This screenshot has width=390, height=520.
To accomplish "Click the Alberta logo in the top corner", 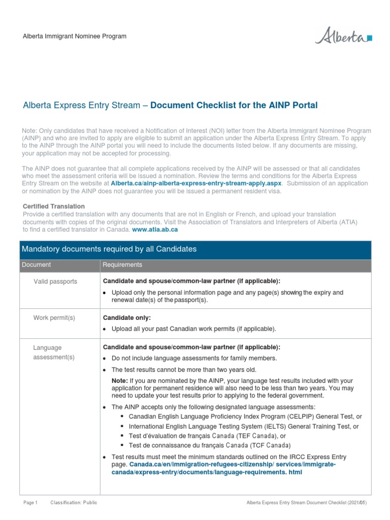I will coord(344,37).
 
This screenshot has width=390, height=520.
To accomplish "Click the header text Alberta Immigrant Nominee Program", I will coord(75,37).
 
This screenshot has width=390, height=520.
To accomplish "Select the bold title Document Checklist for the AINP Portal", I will coord(234,106).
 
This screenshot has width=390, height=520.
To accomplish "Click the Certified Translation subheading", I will coord(54,207).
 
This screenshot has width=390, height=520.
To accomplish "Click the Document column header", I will coord(36,265).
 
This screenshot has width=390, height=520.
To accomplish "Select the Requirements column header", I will coord(122,265).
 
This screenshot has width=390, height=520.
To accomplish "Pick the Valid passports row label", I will coord(55,281).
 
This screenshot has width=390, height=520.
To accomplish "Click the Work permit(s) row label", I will coord(54,318).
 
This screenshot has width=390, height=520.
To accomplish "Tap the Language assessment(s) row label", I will coord(54,352).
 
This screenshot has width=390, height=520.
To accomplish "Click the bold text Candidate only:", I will coord(127,318).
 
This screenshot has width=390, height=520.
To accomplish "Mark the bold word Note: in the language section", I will coord(120,381).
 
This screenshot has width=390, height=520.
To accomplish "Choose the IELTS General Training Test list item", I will coord(244,427).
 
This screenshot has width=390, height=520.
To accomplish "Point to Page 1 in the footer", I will coord(30,503).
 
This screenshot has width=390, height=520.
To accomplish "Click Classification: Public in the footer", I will coord(74,503).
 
